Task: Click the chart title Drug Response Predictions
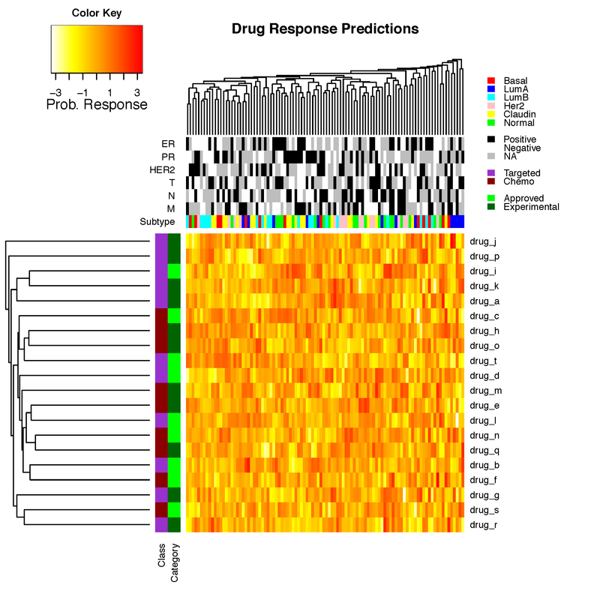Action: tap(325, 29)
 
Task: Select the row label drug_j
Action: tap(482, 241)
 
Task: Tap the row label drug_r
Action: tap(482, 525)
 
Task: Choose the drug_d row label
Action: tap(482, 375)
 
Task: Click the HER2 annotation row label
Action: tap(161, 169)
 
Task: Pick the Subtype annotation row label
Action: tap(157, 222)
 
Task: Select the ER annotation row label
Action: tap(168, 143)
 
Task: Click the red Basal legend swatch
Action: tap(491, 80)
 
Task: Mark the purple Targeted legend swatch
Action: tap(491, 173)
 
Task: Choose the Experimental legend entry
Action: tap(531, 207)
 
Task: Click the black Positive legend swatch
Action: tap(491, 139)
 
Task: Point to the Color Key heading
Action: tap(97, 13)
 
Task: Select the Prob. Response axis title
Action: tap(97, 105)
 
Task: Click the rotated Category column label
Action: tap(174, 563)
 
